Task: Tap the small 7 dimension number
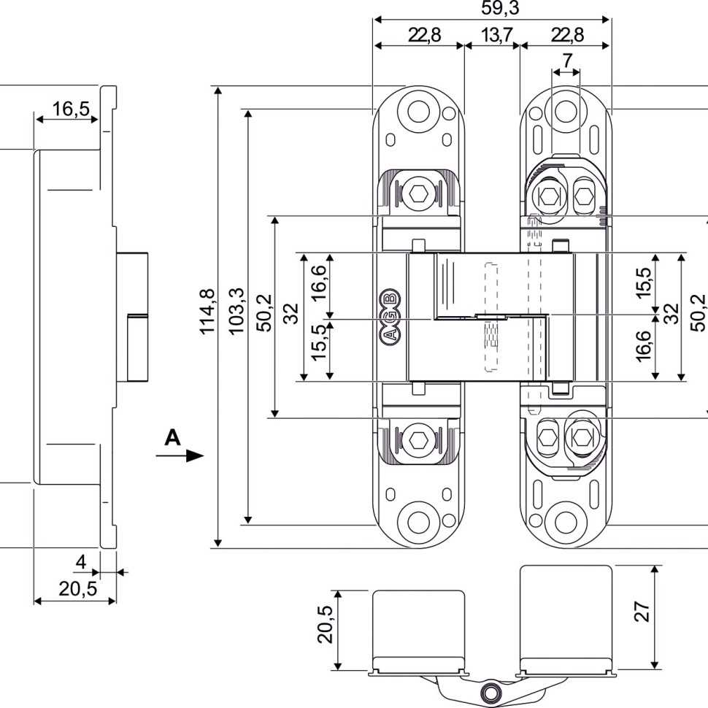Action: coord(566,60)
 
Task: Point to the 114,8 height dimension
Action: coord(207,312)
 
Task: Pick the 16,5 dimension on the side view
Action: coord(71,109)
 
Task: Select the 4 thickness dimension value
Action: coord(81,562)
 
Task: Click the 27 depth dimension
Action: coord(642,611)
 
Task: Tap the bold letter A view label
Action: coord(172,437)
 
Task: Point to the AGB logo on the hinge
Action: coord(391,316)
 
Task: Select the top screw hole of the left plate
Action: coord(418,112)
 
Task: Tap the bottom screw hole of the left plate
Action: coord(418,521)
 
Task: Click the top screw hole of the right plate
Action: coord(564,112)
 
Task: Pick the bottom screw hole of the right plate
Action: coord(564,521)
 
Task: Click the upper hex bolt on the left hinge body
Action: coord(418,194)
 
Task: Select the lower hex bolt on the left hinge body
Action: coord(418,440)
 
